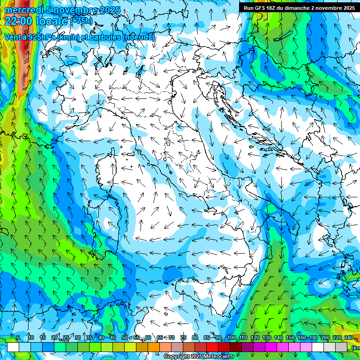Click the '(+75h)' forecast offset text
tap(82, 21)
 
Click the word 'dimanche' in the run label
tap(293, 8)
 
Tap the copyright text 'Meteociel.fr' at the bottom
tap(222, 356)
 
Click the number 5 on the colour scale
tap(18, 338)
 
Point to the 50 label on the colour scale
tap(124, 338)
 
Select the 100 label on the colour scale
tap(231, 338)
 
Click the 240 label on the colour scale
tap(349, 338)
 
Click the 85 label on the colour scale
tap(207, 338)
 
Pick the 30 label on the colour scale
tap(77, 338)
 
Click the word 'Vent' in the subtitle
tap(12, 37)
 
